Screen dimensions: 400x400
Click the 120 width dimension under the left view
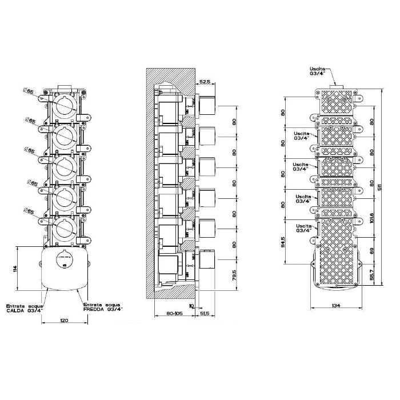(x=64, y=321)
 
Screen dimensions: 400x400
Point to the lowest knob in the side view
(x=207, y=260)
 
